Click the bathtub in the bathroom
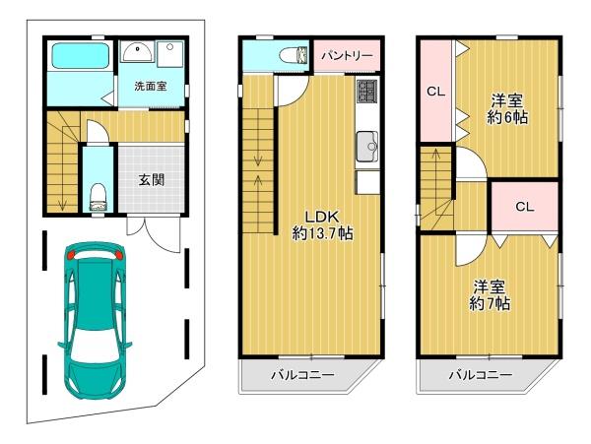[x=81, y=55]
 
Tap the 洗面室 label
[x=151, y=87]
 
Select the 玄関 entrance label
[x=151, y=180]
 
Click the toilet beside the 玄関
[x=98, y=197]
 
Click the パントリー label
[x=347, y=56]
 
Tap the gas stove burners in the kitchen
[x=367, y=91]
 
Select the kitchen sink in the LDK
[x=366, y=146]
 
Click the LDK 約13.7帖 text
[x=323, y=225]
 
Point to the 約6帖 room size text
[x=506, y=118]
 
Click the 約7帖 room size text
[x=490, y=303]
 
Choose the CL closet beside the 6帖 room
[x=435, y=92]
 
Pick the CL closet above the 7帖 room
[x=525, y=207]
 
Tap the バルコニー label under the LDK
[x=302, y=375]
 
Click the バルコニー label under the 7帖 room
[x=481, y=375]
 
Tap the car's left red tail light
[x=70, y=255]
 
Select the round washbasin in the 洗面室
[x=137, y=52]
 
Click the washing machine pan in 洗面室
[x=170, y=54]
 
